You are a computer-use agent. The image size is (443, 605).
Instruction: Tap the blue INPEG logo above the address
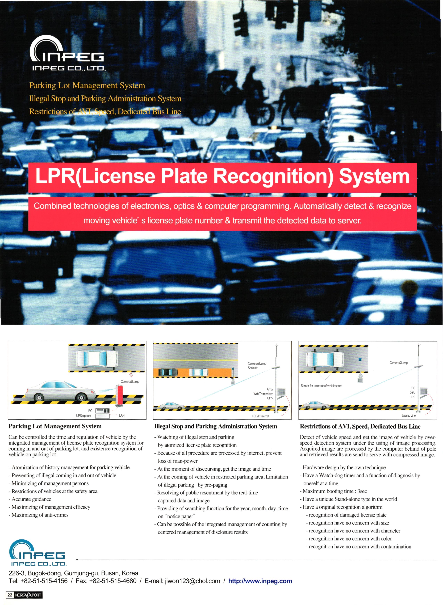37,552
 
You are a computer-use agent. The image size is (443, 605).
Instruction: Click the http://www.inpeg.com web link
260,581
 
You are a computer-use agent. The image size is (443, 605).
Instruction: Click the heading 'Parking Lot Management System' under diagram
55,426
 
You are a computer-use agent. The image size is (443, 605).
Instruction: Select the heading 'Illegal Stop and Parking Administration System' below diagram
216,426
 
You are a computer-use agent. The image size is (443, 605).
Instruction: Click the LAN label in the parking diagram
122,415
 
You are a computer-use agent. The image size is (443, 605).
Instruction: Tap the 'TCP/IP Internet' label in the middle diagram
260,416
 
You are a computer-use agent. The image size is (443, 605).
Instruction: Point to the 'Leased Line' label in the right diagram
408,415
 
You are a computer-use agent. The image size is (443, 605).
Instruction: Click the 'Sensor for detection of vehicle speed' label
321,386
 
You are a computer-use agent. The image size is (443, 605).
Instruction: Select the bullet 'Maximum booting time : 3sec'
335,491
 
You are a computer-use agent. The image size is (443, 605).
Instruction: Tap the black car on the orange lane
168,372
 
